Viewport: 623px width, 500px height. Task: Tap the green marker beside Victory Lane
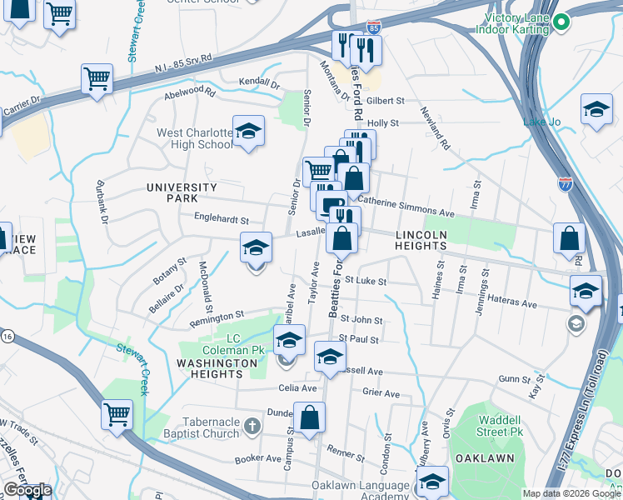coord(561,22)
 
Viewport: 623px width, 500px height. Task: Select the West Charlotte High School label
coord(194,138)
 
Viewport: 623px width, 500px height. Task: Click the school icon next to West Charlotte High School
coord(247,132)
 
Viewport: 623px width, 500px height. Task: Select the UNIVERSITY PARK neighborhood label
coord(182,193)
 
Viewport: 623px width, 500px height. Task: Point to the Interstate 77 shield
coord(566,182)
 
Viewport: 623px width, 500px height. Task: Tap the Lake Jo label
coord(540,122)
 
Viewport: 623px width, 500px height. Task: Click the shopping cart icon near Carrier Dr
coord(97,79)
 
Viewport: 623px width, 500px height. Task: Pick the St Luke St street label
coord(366,281)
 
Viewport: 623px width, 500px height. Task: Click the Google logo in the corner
coord(27,490)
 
